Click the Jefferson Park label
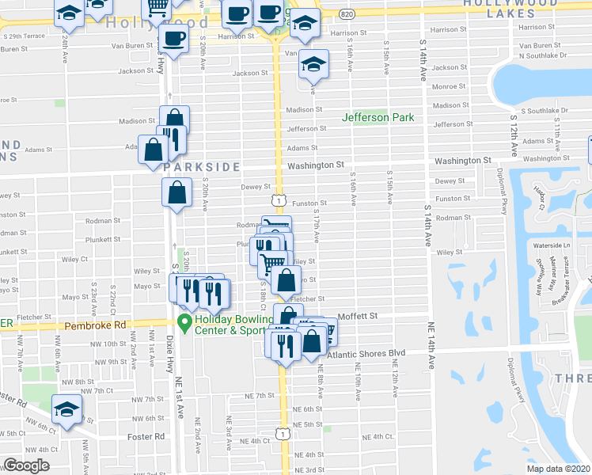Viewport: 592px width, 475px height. pos(378,117)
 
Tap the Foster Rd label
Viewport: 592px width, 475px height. pos(148,435)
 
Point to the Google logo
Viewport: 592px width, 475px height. pos(26,465)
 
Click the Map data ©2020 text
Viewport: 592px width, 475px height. pos(558,469)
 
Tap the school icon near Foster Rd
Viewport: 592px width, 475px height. pos(66,411)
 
